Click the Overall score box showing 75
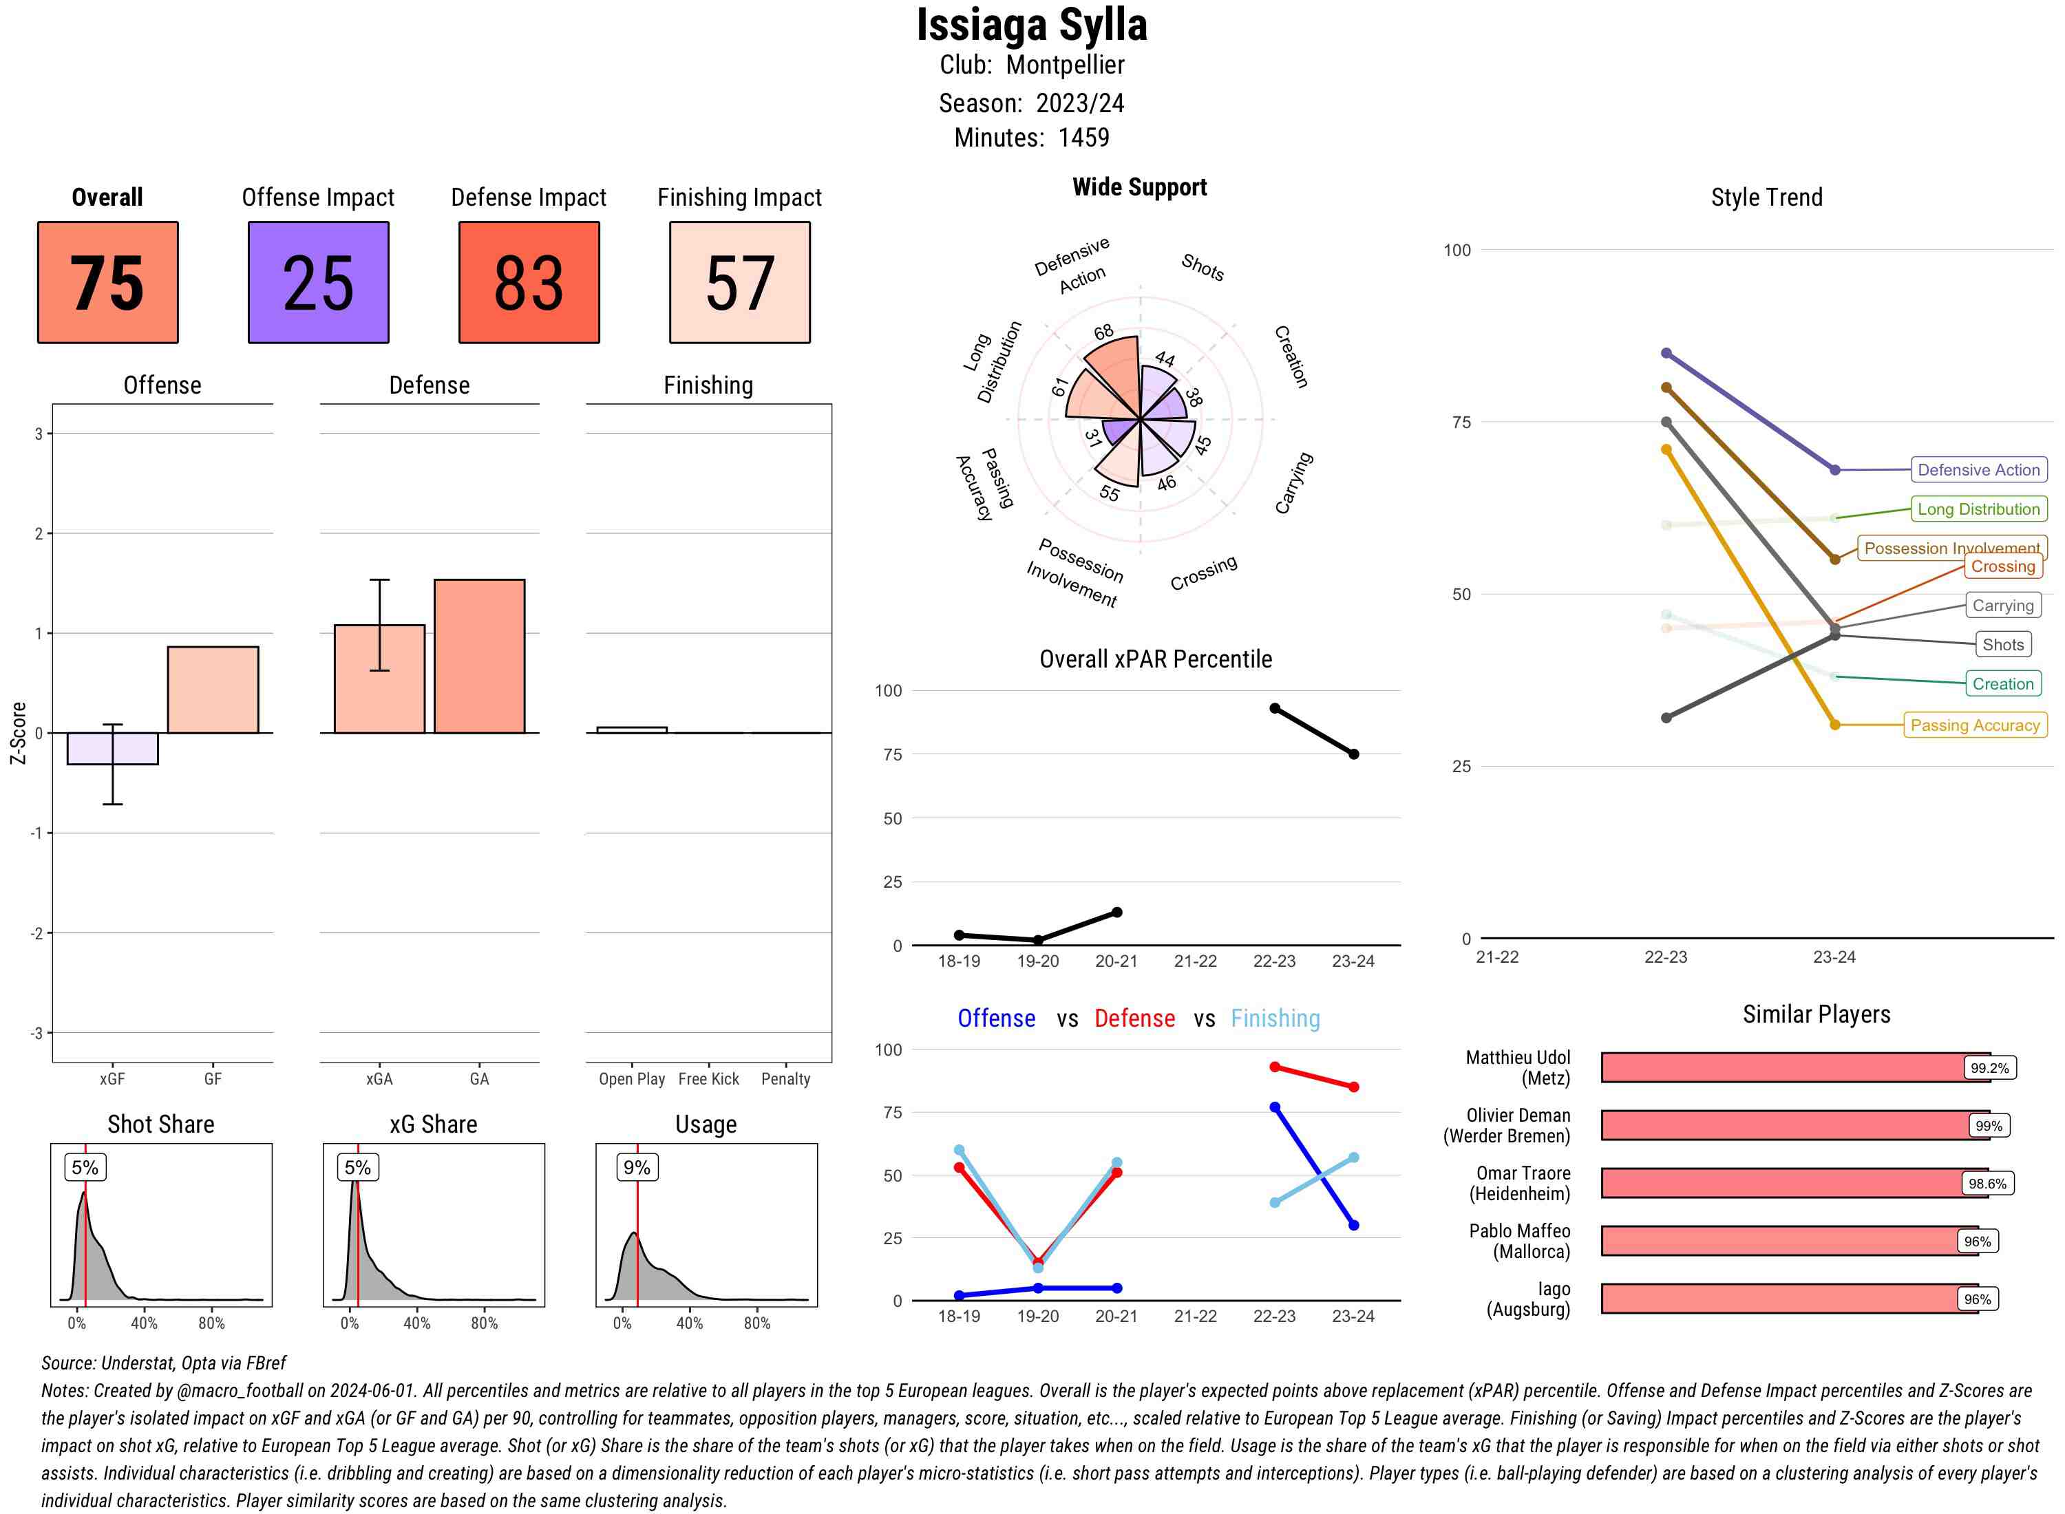[x=107, y=282]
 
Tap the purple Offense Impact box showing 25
[x=318, y=282]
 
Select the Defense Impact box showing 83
[x=529, y=282]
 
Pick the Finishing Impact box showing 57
[x=740, y=282]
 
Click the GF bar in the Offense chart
[x=213, y=690]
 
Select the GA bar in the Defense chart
[x=479, y=657]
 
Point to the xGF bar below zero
[x=113, y=749]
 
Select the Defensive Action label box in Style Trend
[x=1978, y=470]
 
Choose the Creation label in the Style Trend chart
[x=2002, y=683]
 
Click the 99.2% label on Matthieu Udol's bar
[x=1989, y=1067]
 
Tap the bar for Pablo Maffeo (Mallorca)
[x=1788, y=1241]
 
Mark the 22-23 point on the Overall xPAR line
[x=1274, y=708]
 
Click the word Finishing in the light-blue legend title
[x=1275, y=1019]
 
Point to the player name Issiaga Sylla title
[x=1031, y=25]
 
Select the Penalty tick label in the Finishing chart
[x=785, y=1078]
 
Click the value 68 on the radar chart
[x=1103, y=332]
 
